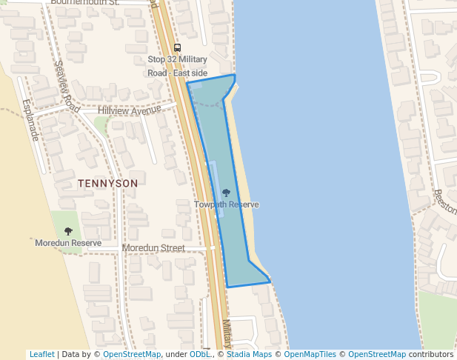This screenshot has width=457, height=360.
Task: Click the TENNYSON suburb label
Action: point(107,183)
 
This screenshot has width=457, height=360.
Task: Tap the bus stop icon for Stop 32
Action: point(177,48)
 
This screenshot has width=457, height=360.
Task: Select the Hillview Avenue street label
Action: point(130,110)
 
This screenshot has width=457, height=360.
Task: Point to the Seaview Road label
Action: point(67,86)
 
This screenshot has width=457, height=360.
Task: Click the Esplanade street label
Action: point(30,120)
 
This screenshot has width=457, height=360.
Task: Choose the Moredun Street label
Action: point(153,247)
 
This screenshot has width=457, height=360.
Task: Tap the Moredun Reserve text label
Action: point(68,243)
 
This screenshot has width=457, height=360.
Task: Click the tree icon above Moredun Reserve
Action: point(68,232)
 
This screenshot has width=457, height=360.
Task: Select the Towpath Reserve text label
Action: point(227,204)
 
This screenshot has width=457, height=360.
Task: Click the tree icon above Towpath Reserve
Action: point(226,193)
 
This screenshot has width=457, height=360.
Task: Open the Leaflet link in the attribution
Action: point(41,355)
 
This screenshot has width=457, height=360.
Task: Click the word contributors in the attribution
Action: point(431,355)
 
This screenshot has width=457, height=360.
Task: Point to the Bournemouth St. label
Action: point(84,3)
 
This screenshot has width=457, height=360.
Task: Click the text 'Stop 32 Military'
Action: point(178,60)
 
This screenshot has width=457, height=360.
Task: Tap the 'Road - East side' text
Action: point(178,73)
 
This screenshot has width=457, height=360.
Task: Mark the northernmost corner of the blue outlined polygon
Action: point(234,75)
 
